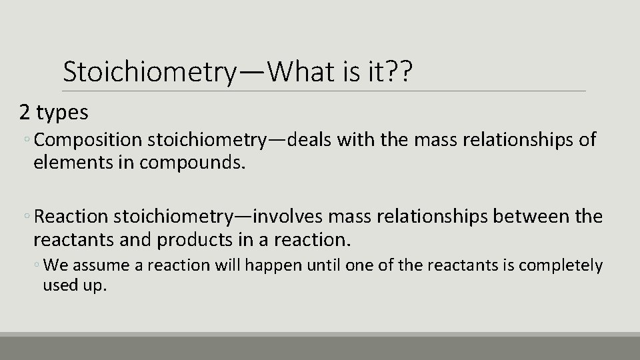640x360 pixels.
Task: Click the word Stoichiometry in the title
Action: pos(148,71)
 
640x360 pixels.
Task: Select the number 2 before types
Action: pos(25,113)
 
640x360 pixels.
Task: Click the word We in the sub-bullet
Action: pos(55,266)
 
